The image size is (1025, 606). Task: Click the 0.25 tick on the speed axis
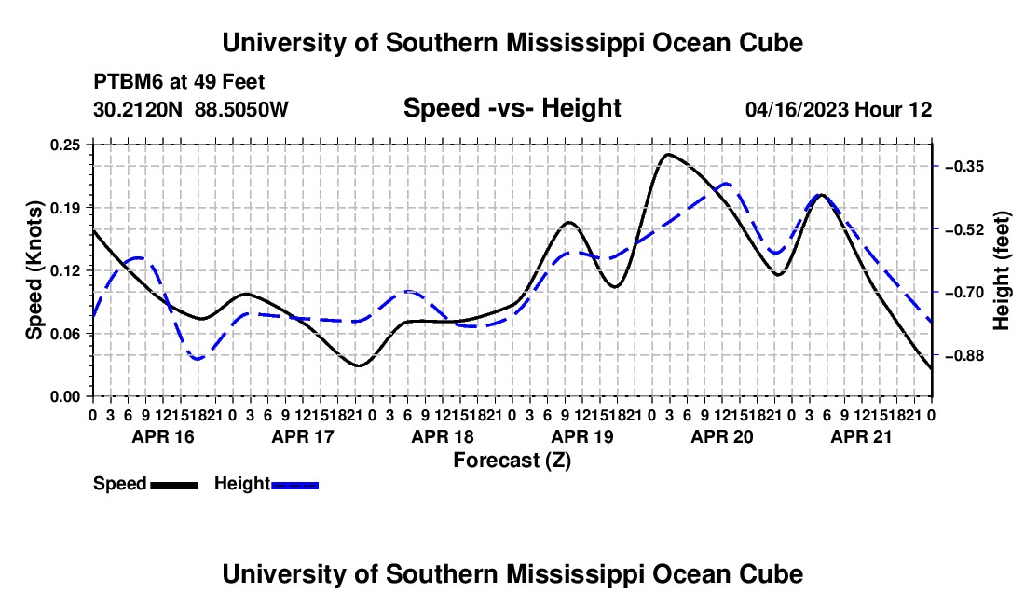(x=64, y=145)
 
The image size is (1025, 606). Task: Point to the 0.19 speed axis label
(x=64, y=208)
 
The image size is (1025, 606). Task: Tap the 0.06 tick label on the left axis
(x=64, y=334)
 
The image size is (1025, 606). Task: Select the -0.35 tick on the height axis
(x=964, y=167)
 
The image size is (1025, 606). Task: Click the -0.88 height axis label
(x=964, y=355)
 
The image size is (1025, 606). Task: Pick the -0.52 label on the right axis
(x=964, y=229)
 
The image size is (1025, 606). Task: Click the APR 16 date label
(x=163, y=436)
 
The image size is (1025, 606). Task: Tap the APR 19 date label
(x=582, y=436)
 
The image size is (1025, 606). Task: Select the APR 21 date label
(x=862, y=436)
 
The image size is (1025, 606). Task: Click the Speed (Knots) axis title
(x=34, y=270)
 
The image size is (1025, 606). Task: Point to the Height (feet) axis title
(x=1001, y=270)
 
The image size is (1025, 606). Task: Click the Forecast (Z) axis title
(x=512, y=461)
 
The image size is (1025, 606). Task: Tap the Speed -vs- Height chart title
(x=512, y=108)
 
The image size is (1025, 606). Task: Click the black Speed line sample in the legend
(x=174, y=486)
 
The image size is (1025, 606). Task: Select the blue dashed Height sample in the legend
(x=294, y=486)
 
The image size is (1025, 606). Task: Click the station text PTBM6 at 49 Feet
(x=179, y=82)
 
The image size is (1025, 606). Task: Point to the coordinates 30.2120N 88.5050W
(x=191, y=109)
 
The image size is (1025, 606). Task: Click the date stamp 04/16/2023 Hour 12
(x=839, y=109)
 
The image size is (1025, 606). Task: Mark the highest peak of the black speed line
(x=667, y=154)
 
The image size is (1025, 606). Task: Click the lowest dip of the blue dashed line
(x=197, y=359)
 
